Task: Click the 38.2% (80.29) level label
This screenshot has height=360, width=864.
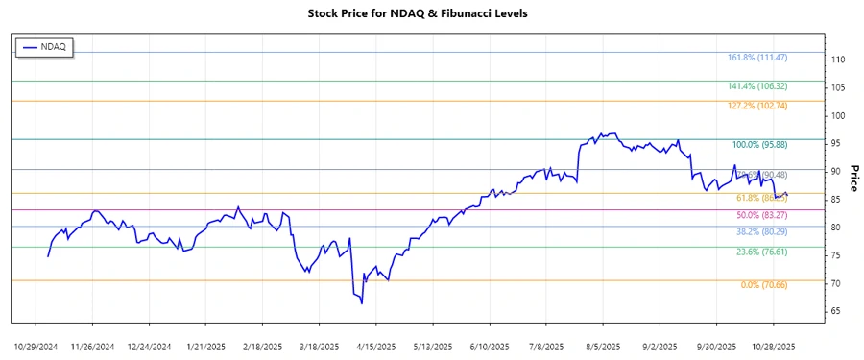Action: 765,232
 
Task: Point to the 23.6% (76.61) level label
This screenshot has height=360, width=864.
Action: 765,252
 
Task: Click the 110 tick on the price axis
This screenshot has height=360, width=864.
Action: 838,60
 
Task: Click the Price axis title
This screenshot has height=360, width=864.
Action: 854,178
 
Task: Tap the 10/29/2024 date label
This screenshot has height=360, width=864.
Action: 36,346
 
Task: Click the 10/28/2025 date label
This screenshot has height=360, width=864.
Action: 772,346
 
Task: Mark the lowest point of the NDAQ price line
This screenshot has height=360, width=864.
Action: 362,303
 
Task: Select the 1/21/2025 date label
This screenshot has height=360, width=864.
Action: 205,346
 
